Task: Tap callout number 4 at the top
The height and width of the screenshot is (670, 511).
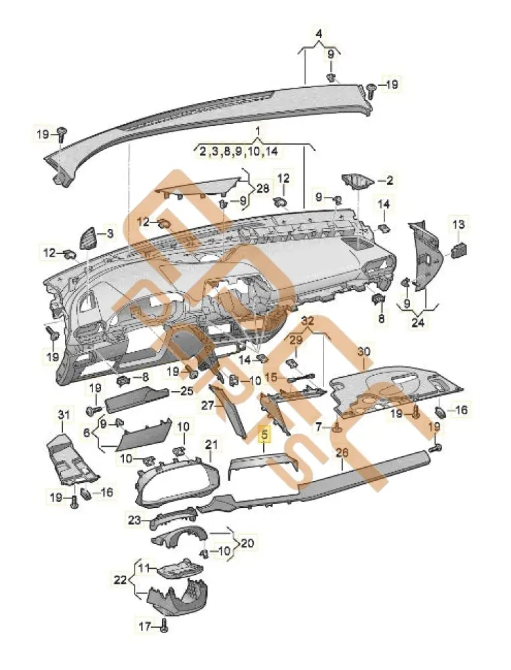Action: click(x=319, y=33)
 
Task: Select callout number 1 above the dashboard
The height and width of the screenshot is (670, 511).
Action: click(x=256, y=128)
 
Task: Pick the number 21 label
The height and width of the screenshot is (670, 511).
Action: click(x=212, y=444)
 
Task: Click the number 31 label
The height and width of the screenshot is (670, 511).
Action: click(x=63, y=416)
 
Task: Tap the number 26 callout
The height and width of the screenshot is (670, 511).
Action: click(x=342, y=454)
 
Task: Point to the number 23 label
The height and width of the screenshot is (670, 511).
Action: click(x=134, y=520)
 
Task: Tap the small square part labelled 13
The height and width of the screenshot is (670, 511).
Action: click(x=460, y=249)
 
